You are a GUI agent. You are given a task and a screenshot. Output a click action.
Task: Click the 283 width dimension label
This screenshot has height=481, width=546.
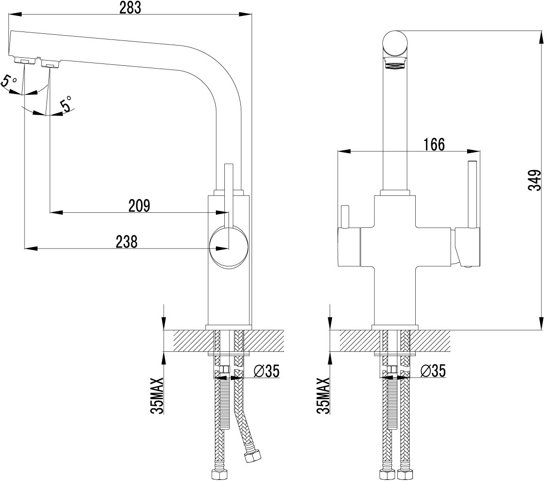click(x=131, y=8)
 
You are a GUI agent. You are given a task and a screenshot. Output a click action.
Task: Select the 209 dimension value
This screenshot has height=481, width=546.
click(x=139, y=206)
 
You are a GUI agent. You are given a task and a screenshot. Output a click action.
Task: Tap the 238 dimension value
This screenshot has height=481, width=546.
click(x=127, y=242)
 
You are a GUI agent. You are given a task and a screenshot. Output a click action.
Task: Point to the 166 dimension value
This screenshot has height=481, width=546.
click(x=434, y=144)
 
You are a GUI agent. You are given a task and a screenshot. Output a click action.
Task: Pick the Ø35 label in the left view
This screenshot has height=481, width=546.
click(x=267, y=371)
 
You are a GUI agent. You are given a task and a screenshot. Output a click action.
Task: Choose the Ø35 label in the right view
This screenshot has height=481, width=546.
click(x=433, y=371)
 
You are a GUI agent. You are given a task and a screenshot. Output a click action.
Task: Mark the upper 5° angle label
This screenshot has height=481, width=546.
click(x=8, y=81)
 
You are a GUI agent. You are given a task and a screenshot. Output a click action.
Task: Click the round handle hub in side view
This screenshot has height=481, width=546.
click(x=229, y=246)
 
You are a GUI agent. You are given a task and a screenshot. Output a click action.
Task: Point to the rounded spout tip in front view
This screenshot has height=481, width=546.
click(x=395, y=43)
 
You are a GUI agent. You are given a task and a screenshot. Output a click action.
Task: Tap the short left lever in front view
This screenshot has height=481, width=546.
click(x=345, y=217)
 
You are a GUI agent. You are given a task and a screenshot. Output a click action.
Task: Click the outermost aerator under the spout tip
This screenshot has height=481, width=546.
click(x=24, y=61)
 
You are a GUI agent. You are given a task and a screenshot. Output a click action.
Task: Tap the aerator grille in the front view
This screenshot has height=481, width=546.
click(x=395, y=63)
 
